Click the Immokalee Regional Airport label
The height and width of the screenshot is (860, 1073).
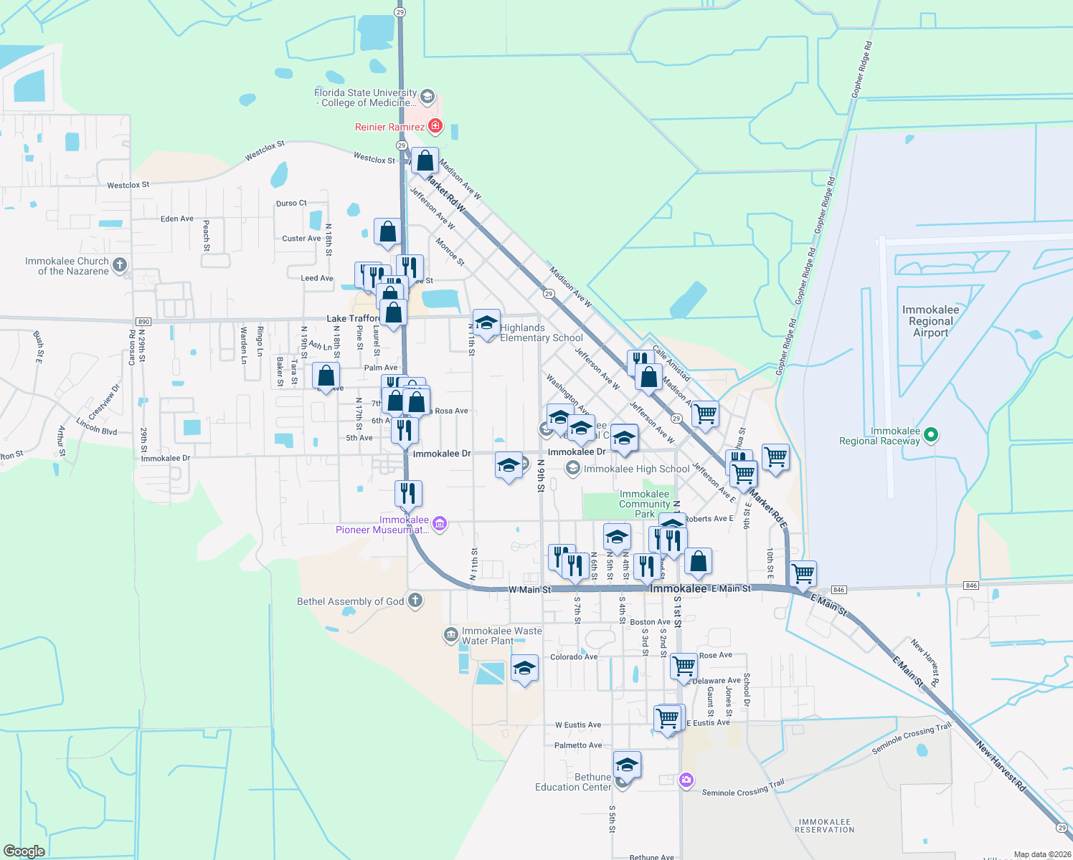[x=930, y=321]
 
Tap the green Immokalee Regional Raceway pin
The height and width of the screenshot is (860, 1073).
[x=931, y=434]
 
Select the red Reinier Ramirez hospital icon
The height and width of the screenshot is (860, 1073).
[x=435, y=126]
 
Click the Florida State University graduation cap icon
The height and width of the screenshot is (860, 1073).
[x=427, y=97]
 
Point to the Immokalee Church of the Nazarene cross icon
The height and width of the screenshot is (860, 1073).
[x=120, y=265]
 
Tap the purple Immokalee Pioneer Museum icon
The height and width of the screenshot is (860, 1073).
[x=440, y=525]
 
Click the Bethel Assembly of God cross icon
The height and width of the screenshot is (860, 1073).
[x=415, y=601]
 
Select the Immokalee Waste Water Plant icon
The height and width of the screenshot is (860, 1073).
[x=450, y=634]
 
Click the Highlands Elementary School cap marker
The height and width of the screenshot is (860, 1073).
[x=486, y=324]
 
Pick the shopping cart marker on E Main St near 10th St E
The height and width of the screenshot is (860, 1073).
[x=803, y=573]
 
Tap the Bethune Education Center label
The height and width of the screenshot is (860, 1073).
[x=573, y=782]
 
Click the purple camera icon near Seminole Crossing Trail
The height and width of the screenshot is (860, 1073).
[x=686, y=780]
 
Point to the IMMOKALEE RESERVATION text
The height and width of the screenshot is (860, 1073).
[x=825, y=826]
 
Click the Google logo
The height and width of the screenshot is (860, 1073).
[x=24, y=851]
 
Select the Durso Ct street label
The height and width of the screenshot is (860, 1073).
[x=291, y=204]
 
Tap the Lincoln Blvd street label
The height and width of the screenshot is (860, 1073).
[x=97, y=426]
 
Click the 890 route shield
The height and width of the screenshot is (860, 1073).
[x=143, y=322]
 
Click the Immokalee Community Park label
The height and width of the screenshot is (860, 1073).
[x=644, y=504]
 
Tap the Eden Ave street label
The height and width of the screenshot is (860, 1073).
[x=177, y=219]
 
